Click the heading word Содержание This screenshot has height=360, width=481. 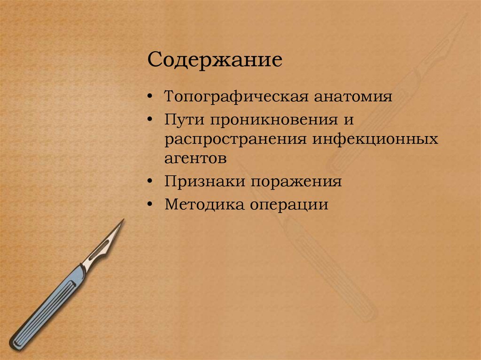tap(215, 61)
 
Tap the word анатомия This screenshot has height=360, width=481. tap(352, 97)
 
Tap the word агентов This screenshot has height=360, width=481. tap(195, 158)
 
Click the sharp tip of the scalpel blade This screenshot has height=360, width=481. tap(123, 220)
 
